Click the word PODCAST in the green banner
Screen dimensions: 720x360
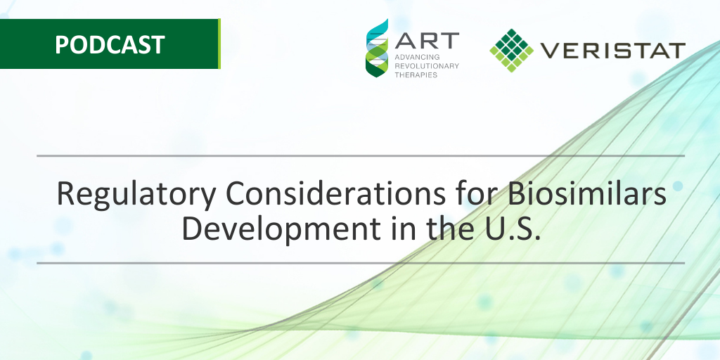click(110, 44)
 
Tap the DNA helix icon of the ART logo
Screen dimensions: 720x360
click(377, 49)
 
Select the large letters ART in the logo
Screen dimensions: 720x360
click(427, 40)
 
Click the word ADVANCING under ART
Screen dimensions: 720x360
click(411, 58)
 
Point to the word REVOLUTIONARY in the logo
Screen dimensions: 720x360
click(427, 65)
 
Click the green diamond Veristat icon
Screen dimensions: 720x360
click(512, 50)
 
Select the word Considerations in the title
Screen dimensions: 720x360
click(335, 193)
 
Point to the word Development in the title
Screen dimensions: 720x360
click(281, 230)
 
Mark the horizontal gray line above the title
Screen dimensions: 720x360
click(361, 156)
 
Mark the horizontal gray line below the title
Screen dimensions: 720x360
click(361, 264)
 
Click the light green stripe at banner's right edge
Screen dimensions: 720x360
click(219, 44)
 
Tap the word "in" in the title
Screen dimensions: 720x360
click(403, 229)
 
